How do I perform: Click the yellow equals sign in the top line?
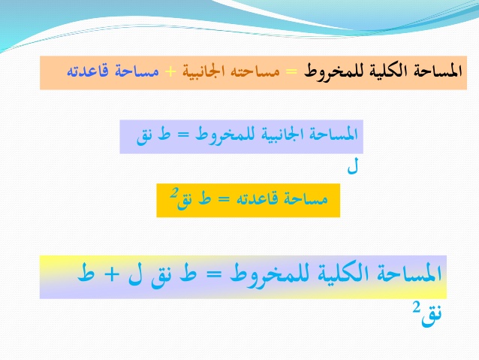291,71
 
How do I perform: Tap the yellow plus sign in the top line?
170,71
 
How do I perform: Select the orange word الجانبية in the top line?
203,71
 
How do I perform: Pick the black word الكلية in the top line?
384,71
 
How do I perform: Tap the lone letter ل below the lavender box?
353,167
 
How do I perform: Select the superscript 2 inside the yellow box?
174,193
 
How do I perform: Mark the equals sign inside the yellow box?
223,199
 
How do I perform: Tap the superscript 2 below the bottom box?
417,307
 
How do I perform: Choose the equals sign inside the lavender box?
184,135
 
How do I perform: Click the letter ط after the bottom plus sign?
86,273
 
